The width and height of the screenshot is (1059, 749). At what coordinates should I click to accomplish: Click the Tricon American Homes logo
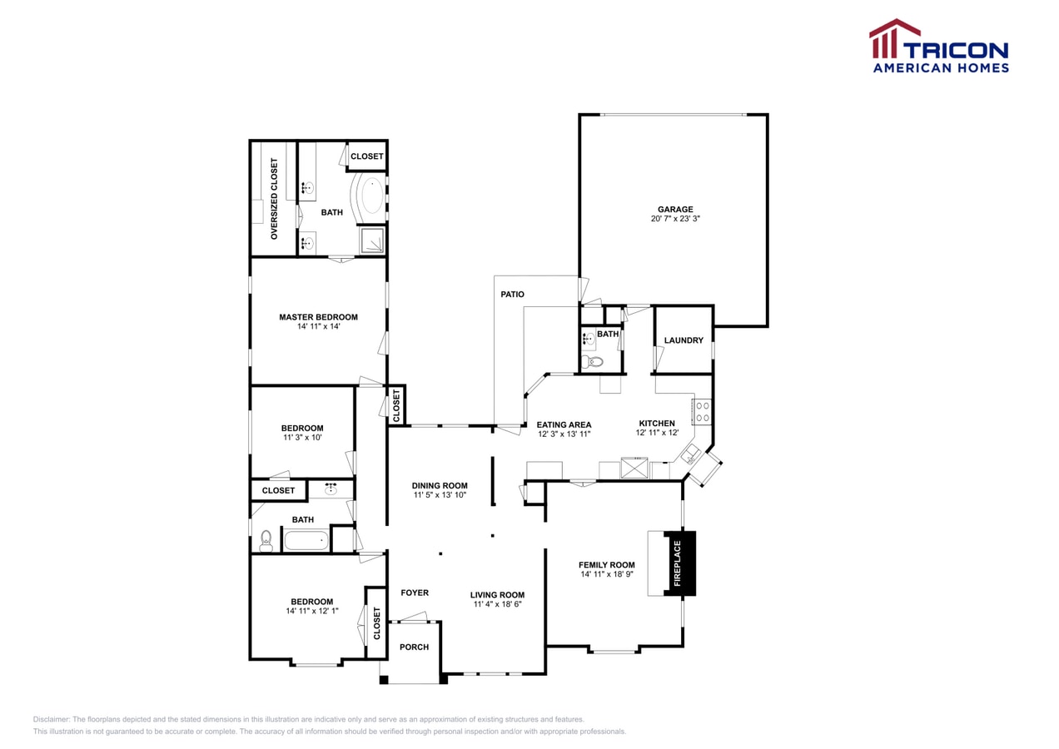pos(939,47)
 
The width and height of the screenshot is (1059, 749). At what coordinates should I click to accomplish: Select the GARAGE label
pos(674,210)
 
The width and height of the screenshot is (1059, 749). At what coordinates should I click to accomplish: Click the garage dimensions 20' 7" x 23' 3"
pos(674,220)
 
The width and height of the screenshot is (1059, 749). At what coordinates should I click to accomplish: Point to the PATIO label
pos(512,295)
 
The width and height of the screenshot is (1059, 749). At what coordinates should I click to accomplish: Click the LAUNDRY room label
pos(684,340)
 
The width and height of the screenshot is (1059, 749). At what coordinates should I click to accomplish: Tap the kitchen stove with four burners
pos(702,412)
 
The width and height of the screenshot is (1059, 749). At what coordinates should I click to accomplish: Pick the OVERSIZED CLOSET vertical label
pos(274,199)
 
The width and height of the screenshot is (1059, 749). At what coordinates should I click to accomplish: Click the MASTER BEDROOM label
pos(318,317)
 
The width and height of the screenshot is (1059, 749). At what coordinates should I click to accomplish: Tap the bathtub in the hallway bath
pos(306,540)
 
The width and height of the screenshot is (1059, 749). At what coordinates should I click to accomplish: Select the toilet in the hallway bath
pos(266,541)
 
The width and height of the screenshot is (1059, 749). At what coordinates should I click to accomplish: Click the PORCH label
pos(414,647)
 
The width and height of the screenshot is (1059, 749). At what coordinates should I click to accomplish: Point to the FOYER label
pos(415,593)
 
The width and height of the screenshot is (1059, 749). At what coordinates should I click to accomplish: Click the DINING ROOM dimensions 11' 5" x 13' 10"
pos(440,496)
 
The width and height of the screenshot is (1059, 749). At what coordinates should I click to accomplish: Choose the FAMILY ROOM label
pos(607,565)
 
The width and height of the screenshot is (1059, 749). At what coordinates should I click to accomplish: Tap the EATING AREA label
pos(564,424)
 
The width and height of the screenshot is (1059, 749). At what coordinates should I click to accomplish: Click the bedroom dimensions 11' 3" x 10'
pos(301,438)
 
